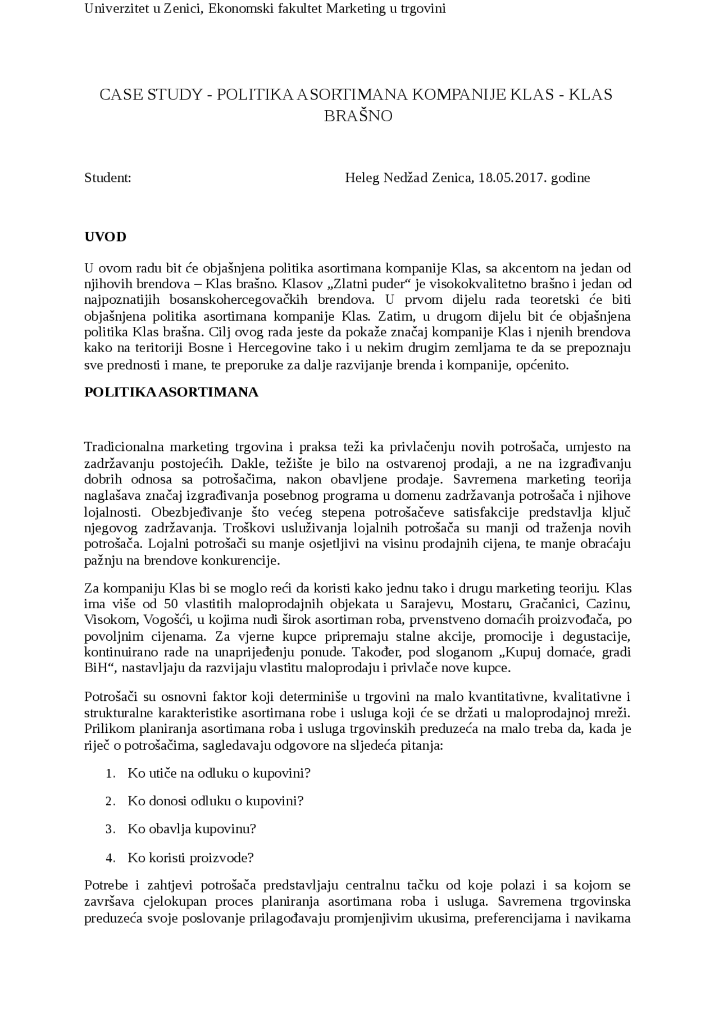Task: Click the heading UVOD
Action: point(105,236)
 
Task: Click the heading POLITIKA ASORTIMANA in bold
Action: point(171,392)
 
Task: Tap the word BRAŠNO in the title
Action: point(358,116)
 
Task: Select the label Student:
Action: point(108,178)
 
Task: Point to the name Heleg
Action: point(362,178)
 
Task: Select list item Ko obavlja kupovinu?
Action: point(192,829)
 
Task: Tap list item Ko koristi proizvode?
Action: point(190,858)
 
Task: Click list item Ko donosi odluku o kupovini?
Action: point(215,801)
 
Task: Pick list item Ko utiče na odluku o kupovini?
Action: point(219,773)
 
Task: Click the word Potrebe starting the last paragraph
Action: point(106,886)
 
